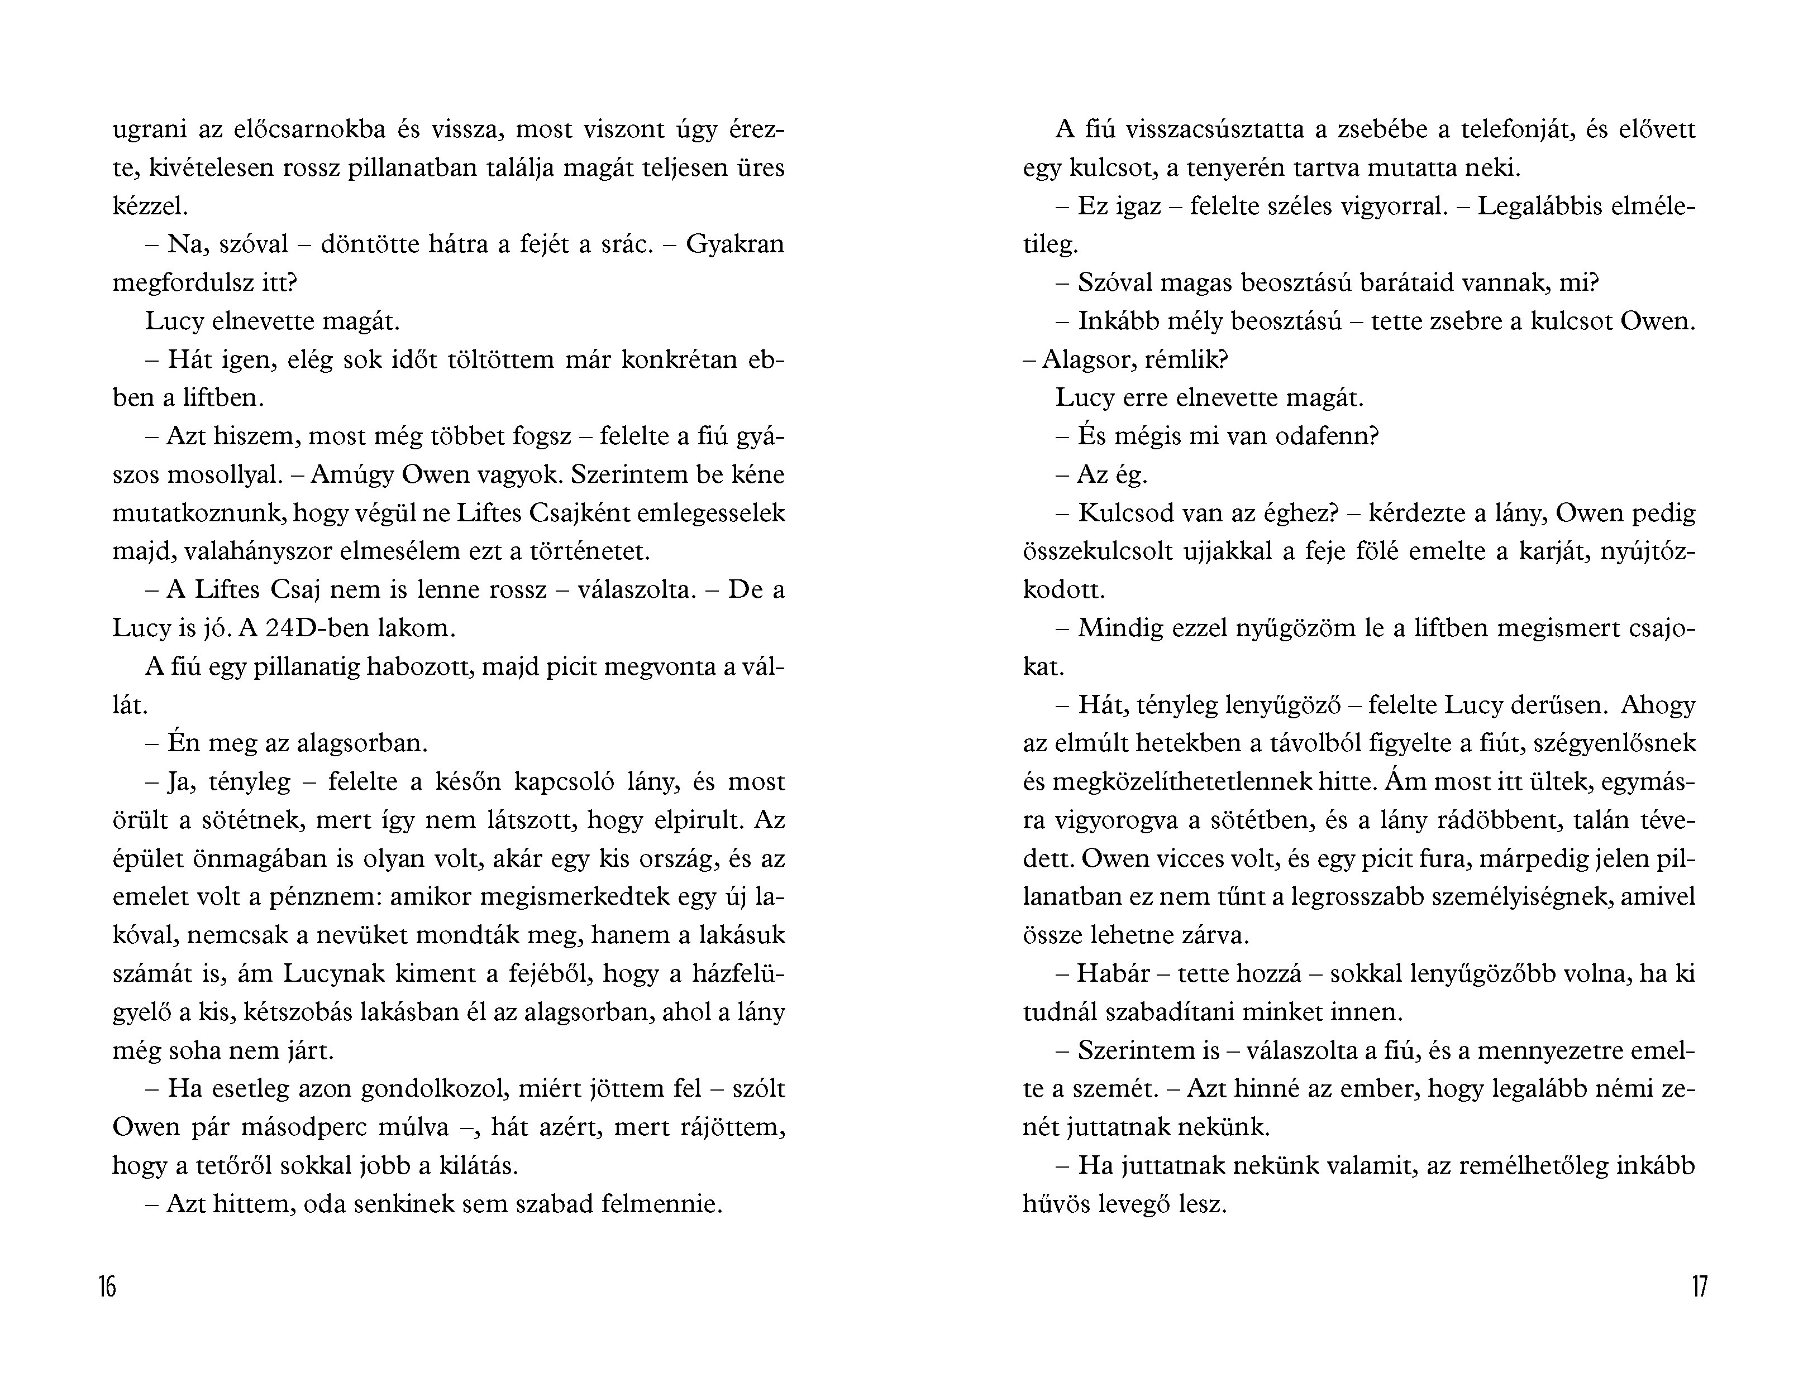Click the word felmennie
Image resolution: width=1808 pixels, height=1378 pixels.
coord(659,1204)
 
